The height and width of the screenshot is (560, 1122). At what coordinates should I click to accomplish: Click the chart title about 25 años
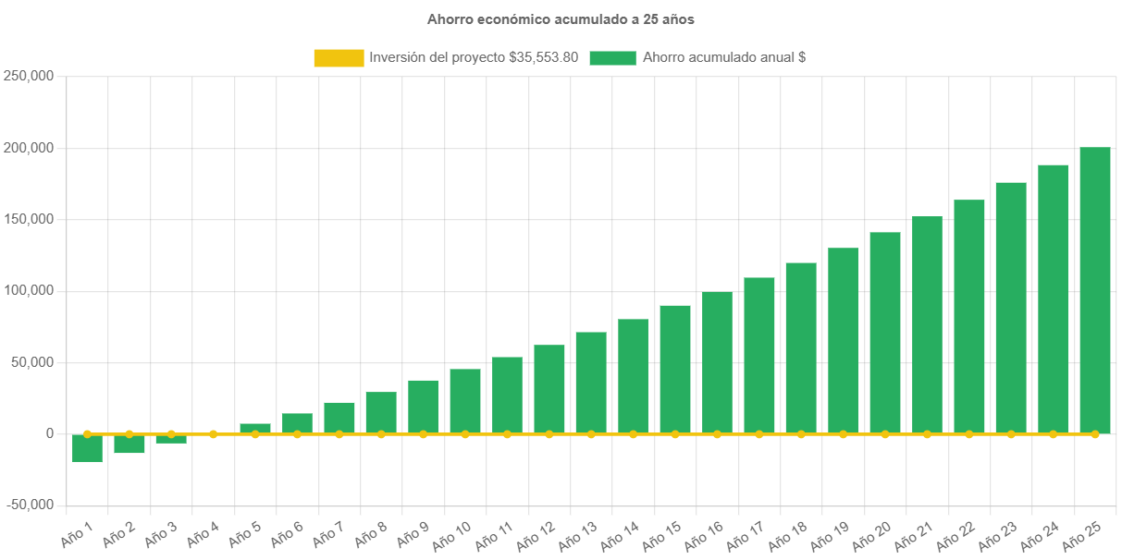(x=561, y=18)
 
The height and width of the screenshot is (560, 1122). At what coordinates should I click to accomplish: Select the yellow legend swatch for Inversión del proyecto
(x=339, y=57)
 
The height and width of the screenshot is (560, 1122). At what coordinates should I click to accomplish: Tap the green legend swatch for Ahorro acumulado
(x=612, y=57)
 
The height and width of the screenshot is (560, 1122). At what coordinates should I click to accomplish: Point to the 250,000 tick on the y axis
(x=28, y=77)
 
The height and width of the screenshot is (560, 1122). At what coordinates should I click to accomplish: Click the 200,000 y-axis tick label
(x=28, y=148)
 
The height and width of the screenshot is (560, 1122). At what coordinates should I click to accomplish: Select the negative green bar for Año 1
(x=87, y=448)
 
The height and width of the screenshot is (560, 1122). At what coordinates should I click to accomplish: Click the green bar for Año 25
(x=1095, y=290)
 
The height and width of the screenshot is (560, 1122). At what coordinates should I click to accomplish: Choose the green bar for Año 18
(x=801, y=347)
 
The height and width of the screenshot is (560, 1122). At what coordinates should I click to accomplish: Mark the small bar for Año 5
(x=255, y=428)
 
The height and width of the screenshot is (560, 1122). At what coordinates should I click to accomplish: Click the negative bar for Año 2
(x=129, y=444)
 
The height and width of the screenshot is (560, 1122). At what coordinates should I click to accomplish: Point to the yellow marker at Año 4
(x=214, y=433)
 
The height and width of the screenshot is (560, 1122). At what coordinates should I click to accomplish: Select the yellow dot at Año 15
(x=675, y=433)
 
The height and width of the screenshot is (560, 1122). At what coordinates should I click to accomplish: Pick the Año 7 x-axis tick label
(x=327, y=533)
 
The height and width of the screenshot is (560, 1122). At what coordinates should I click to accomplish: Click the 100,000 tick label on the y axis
(x=28, y=290)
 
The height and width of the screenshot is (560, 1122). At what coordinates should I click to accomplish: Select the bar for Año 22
(x=969, y=316)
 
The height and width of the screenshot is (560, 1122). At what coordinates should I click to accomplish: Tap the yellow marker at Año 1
(x=87, y=433)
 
